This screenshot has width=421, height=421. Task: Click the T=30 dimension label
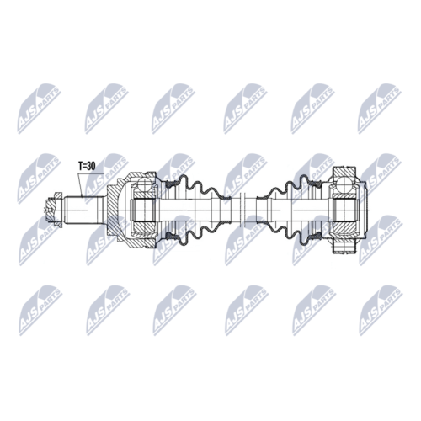[x=87, y=167]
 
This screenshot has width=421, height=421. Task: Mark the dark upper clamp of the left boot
[x=172, y=184]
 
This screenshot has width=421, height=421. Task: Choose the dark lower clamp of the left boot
[x=172, y=237]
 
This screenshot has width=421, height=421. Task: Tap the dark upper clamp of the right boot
[x=316, y=184]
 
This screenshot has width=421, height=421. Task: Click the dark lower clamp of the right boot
[x=316, y=237]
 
